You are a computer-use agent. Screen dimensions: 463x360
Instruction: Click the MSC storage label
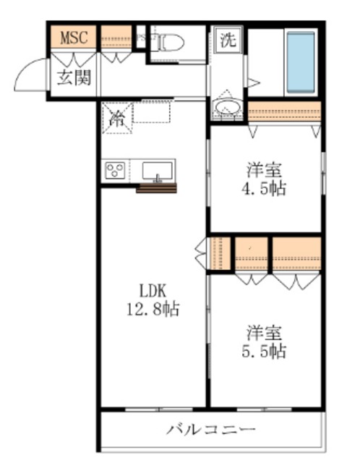[x=73, y=37]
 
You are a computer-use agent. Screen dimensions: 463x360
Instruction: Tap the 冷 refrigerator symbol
[x=115, y=119]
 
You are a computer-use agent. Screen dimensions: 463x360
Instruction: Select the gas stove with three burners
[x=115, y=171]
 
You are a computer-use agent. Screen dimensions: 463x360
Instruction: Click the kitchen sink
[x=157, y=171]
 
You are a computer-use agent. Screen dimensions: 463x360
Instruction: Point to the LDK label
[x=153, y=291]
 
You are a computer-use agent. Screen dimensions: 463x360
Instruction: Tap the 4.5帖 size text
[x=265, y=190]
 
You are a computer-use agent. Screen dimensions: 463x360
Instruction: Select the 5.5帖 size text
[x=265, y=352]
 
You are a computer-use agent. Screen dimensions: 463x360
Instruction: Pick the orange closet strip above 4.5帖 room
[x=283, y=113]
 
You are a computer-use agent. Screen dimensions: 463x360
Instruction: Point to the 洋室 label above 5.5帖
[x=265, y=333]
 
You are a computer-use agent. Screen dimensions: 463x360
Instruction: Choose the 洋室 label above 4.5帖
[x=265, y=171]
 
